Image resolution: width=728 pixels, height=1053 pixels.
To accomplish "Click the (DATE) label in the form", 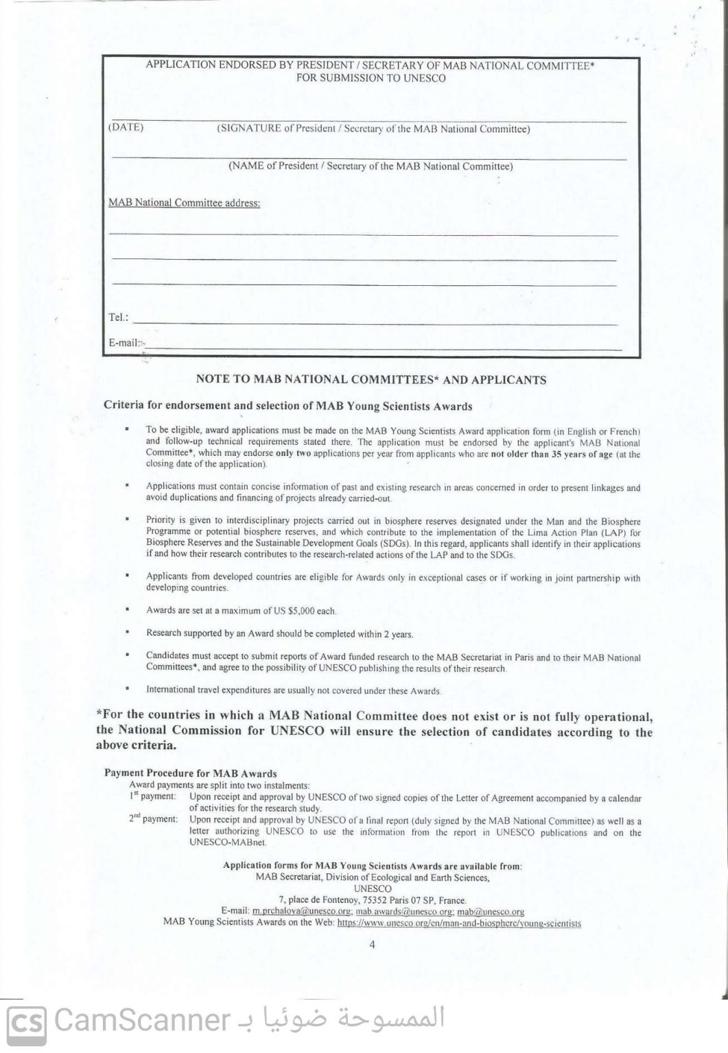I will tap(126, 128).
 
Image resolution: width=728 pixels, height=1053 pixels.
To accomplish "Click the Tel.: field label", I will tap(118, 318).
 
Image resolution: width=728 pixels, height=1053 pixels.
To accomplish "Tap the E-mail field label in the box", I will tap(124, 342).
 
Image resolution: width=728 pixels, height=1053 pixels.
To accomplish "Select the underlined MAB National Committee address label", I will tap(185, 203).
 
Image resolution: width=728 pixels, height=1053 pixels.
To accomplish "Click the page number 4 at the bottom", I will tap(372, 944).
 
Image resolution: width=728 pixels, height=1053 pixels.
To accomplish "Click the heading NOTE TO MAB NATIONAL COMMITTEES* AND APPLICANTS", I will tap(371, 379).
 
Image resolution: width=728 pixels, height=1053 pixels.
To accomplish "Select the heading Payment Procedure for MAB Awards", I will tap(190, 773).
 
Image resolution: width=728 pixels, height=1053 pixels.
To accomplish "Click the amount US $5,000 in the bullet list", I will tap(312, 610).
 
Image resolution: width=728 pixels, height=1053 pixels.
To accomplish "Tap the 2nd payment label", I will tap(153, 819).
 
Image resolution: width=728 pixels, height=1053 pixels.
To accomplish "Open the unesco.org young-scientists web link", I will tap(459, 923).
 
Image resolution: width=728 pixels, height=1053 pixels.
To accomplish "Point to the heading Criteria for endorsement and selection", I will tap(287, 406).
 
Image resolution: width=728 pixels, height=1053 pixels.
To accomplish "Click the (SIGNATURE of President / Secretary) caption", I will tap(373, 129).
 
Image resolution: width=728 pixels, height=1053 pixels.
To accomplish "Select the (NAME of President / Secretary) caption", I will tap(371, 166).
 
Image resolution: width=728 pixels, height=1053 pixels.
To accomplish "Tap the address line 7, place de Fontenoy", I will tap(373, 900).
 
